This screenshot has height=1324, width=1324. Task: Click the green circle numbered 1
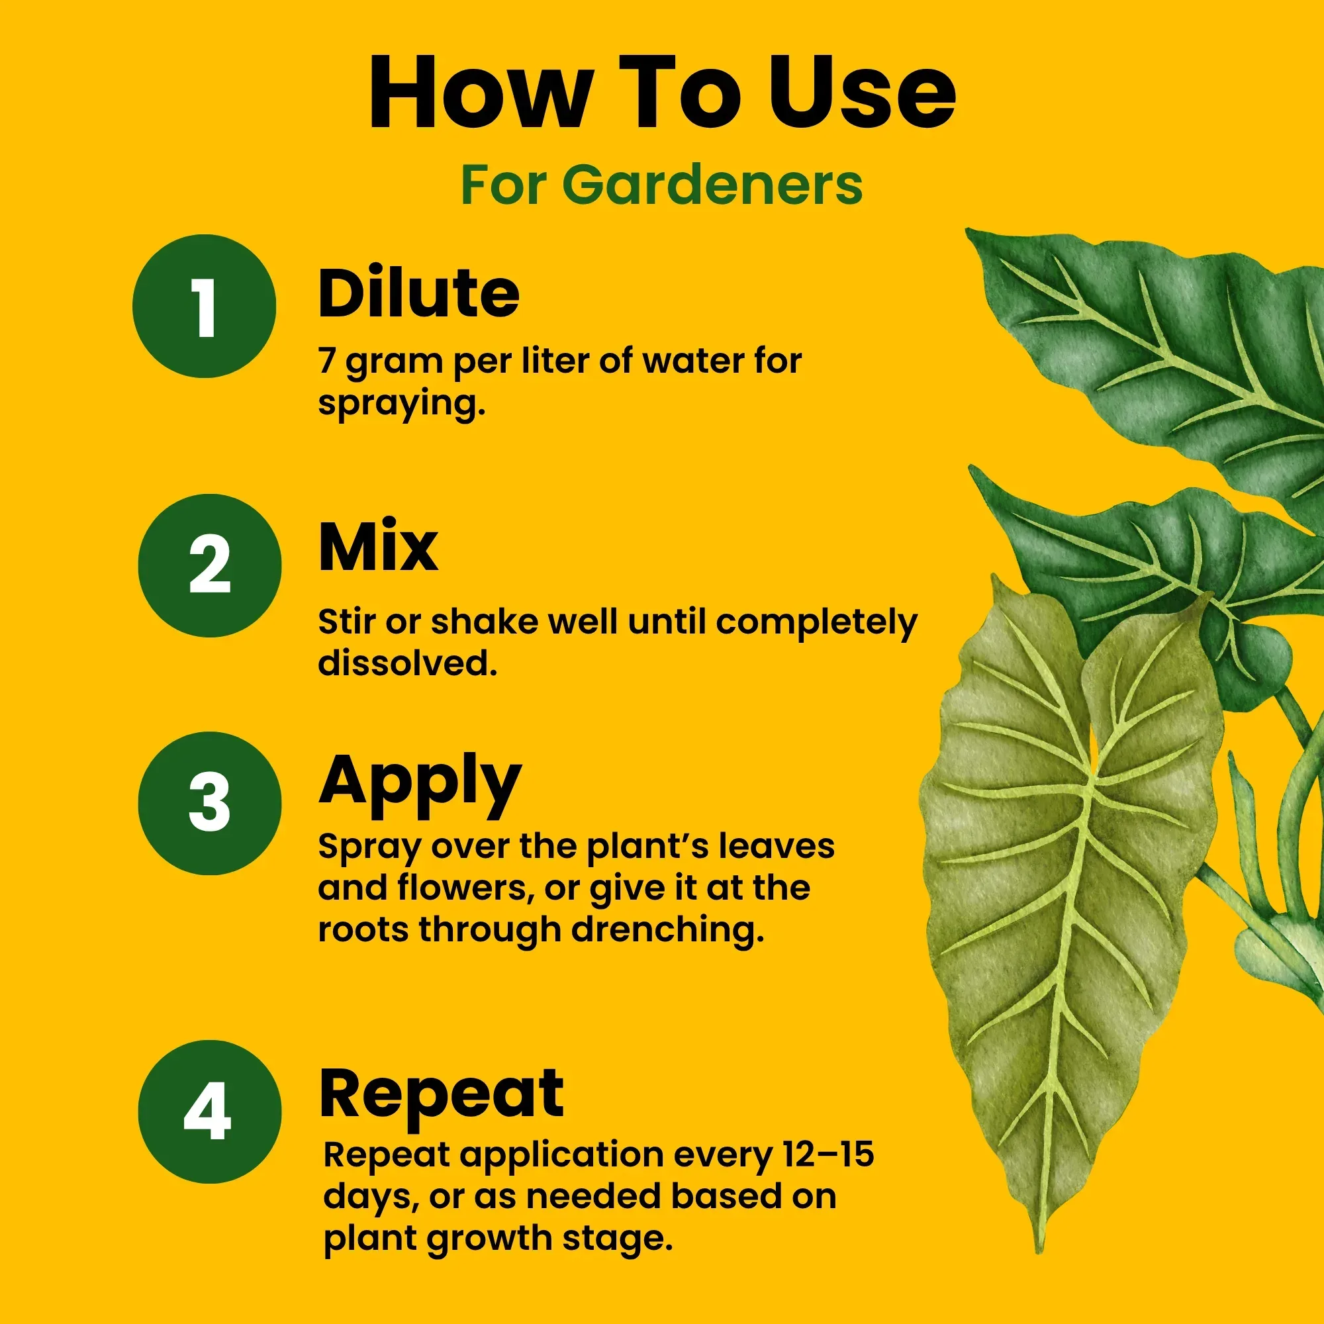click(x=204, y=307)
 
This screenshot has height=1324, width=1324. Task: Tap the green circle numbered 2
click(x=210, y=565)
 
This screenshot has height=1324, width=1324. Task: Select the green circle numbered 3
click(x=210, y=803)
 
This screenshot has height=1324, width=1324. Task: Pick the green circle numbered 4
click(x=210, y=1111)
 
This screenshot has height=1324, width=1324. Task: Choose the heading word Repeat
click(x=442, y=1094)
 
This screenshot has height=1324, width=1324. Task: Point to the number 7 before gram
click(x=328, y=361)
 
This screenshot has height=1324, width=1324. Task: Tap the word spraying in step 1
click(x=401, y=404)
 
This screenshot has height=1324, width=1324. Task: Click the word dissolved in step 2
click(x=407, y=663)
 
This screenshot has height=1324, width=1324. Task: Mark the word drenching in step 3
click(x=667, y=930)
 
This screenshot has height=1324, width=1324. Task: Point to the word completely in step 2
click(x=816, y=623)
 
